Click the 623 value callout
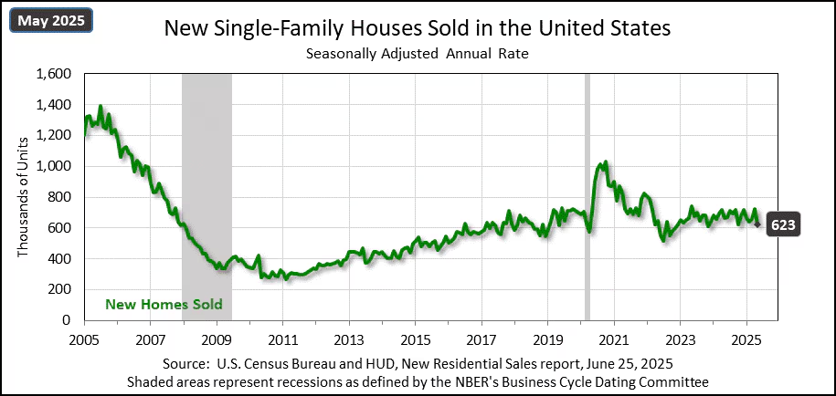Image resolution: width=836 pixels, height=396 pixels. [x=782, y=224]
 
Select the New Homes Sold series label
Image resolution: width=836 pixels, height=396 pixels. [x=164, y=304]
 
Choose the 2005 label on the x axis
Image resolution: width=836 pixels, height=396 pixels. [x=84, y=336]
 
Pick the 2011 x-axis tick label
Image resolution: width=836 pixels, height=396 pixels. [x=282, y=336]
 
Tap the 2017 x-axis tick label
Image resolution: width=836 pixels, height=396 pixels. [x=481, y=336]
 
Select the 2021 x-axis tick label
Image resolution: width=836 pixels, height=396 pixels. [x=613, y=336]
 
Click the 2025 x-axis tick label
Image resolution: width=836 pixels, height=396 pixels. [x=746, y=336]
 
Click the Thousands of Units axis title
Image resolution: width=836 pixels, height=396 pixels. [x=24, y=197]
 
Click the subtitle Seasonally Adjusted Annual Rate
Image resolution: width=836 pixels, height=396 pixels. [x=417, y=54]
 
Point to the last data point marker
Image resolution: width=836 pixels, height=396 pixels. [x=757, y=224]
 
